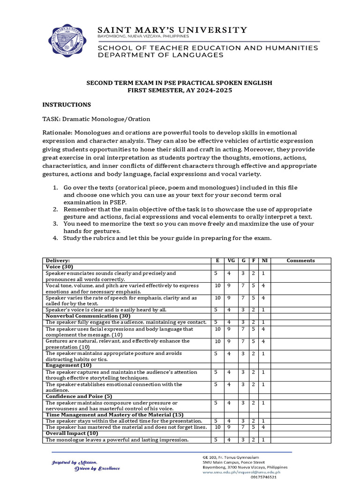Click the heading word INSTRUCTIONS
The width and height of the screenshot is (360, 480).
(x=67, y=105)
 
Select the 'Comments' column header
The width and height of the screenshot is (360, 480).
(x=300, y=261)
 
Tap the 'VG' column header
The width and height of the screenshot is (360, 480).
(x=229, y=261)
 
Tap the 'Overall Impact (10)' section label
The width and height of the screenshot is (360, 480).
(x=71, y=433)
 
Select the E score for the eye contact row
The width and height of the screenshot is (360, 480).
(x=216, y=322)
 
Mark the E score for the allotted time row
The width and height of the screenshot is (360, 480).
(x=216, y=421)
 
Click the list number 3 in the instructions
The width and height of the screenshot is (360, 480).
(x=55, y=224)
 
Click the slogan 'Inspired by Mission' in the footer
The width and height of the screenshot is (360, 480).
(x=75, y=462)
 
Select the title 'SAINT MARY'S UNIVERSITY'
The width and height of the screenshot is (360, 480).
(x=172, y=30)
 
